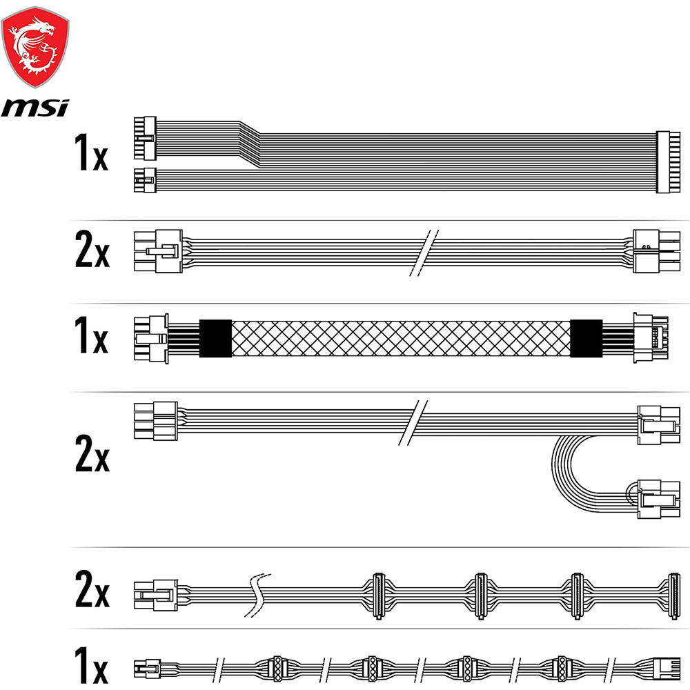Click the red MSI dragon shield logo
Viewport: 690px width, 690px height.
point(35,47)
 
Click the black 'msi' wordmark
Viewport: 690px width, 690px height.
point(35,108)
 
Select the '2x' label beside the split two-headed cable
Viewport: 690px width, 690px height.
point(92,453)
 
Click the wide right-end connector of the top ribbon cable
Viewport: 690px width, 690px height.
point(668,161)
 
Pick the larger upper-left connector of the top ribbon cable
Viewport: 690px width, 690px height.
point(145,138)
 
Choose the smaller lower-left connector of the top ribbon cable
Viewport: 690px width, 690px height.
point(145,180)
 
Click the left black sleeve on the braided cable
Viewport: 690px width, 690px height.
point(215,338)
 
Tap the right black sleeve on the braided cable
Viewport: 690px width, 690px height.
point(586,338)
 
